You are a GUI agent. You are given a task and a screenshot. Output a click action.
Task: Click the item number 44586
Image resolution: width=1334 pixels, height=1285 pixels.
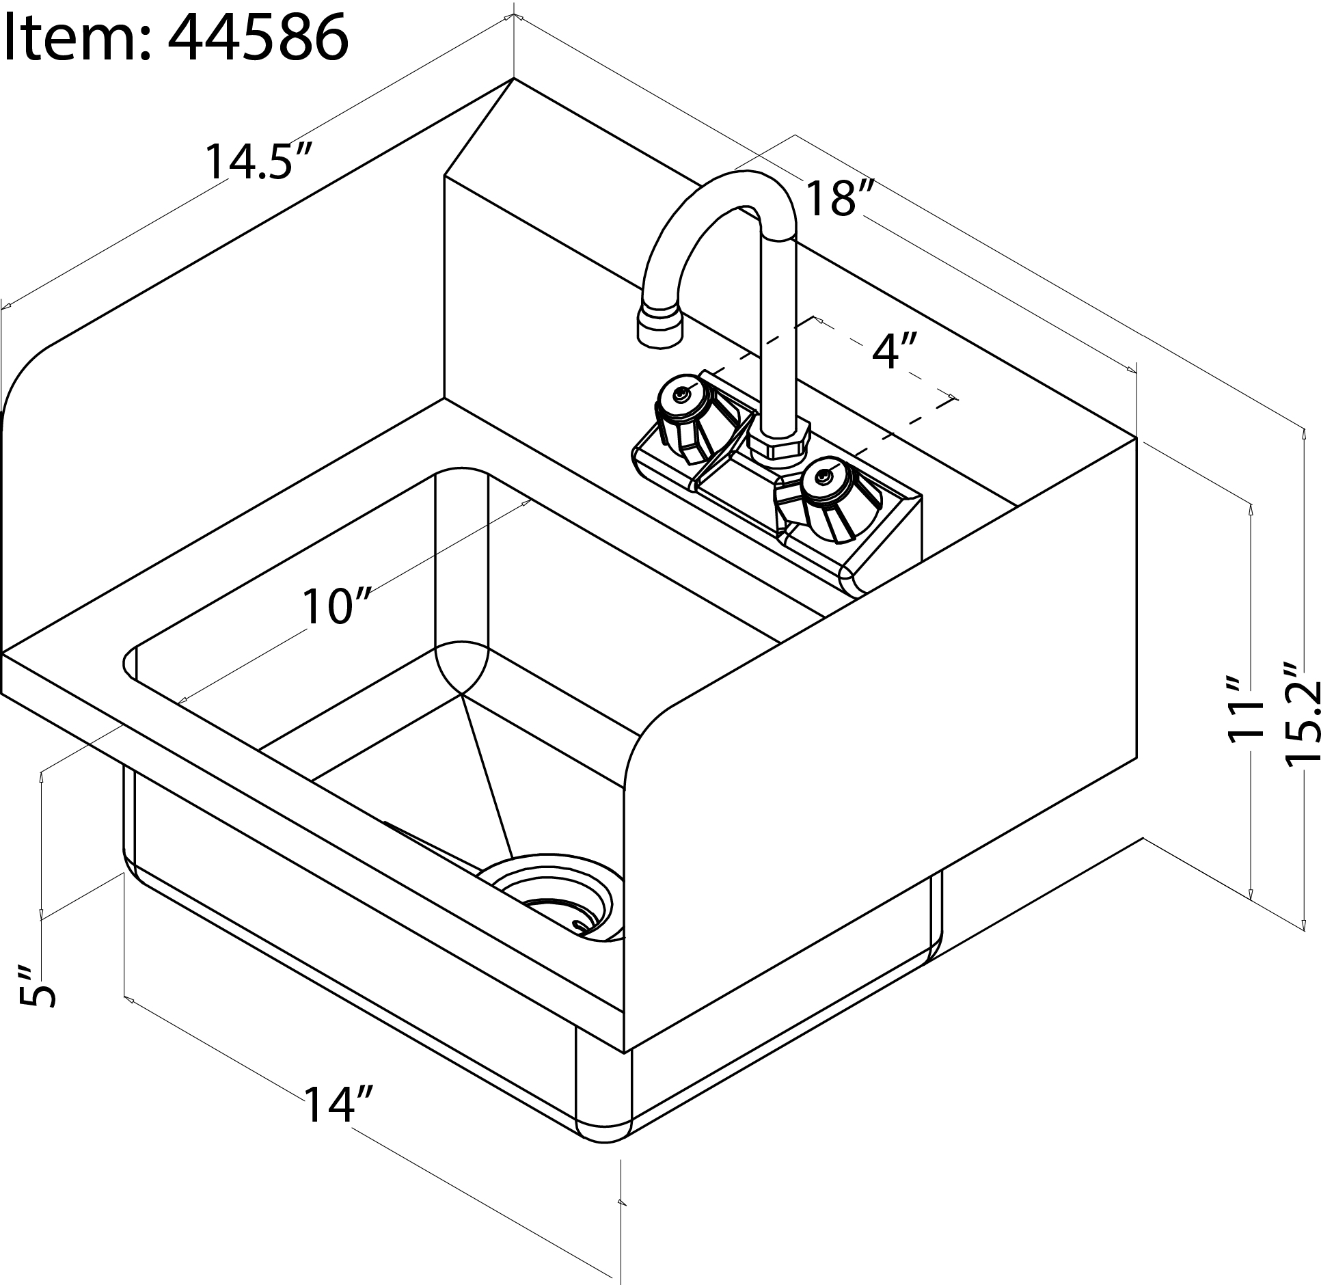(258, 38)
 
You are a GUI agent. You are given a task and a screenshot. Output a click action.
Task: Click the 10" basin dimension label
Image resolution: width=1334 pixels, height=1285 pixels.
(336, 606)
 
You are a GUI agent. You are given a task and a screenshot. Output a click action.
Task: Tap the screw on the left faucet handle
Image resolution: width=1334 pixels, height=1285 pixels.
(681, 395)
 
